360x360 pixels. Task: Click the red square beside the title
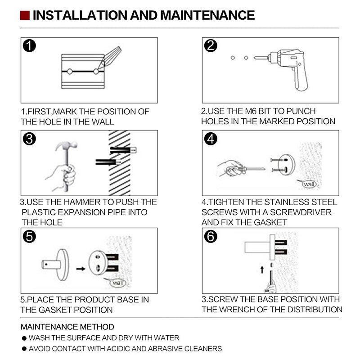click(25, 15)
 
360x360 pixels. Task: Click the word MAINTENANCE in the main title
click(207, 15)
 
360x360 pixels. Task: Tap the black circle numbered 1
click(29, 46)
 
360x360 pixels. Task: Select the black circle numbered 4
click(211, 139)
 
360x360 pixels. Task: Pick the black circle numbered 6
click(211, 237)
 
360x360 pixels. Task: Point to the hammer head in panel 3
click(66, 145)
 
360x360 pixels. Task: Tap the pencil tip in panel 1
click(98, 69)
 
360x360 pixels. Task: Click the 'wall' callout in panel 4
click(308, 184)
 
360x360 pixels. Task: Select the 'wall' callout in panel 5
click(117, 283)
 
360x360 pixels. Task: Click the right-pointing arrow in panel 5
click(81, 269)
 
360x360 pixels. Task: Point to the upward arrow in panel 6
click(262, 270)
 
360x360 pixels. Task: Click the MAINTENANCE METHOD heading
click(67, 327)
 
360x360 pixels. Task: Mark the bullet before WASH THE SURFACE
click(24, 338)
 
